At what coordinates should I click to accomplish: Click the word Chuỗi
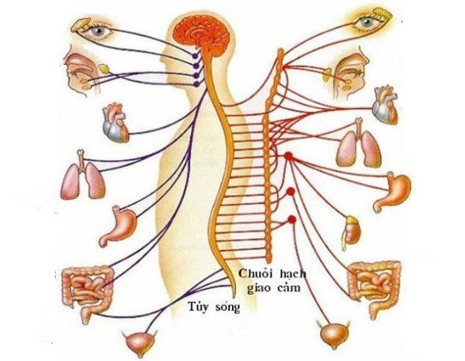pyautogui.click(x=253, y=273)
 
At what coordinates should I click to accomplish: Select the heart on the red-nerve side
pyautogui.click(x=384, y=106)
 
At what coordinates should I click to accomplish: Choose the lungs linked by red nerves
pyautogui.click(x=358, y=147)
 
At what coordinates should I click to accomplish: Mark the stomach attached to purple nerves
pyautogui.click(x=118, y=225)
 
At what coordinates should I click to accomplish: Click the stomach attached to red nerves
pyautogui.click(x=391, y=192)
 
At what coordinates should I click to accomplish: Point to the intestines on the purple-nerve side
pyautogui.click(x=86, y=290)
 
